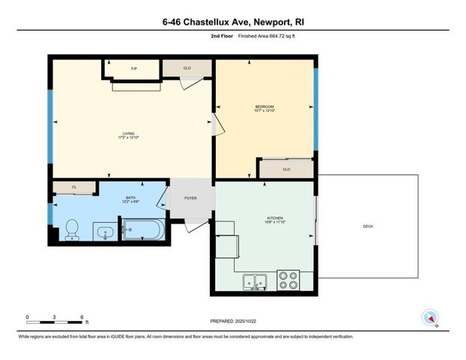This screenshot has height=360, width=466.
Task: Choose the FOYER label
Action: click(x=190, y=199)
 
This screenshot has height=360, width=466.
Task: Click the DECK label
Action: click(x=368, y=227)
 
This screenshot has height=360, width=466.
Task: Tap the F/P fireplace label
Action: click(x=134, y=70)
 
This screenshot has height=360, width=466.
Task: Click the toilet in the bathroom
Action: click(x=72, y=229)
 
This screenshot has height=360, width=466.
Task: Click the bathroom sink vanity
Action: click(x=105, y=232)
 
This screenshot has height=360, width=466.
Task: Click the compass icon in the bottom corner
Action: click(x=430, y=317)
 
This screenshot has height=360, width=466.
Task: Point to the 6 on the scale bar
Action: click(x=81, y=317)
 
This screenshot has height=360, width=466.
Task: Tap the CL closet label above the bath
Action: click(x=74, y=187)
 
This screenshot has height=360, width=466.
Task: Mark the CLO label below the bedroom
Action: click(x=286, y=169)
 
